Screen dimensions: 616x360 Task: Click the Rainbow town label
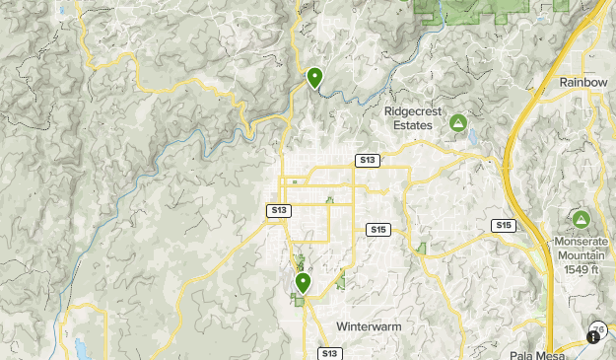point(583,82)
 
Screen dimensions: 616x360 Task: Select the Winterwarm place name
point(369,326)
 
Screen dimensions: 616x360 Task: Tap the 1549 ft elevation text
point(582,269)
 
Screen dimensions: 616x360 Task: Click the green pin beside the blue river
point(314,77)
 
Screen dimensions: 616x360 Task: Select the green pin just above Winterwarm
point(303,283)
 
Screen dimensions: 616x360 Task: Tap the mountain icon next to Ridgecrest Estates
point(457,123)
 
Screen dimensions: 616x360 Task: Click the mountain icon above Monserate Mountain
point(581,219)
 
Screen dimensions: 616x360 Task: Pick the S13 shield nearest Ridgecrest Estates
point(367,160)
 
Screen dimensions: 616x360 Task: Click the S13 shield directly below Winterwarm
point(329,353)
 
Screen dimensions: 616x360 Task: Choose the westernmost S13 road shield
point(279,210)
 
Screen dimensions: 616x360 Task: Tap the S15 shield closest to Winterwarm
point(377,230)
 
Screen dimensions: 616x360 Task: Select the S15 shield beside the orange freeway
point(504,226)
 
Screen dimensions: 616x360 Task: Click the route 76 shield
point(598,328)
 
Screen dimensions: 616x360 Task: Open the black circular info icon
point(593,336)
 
